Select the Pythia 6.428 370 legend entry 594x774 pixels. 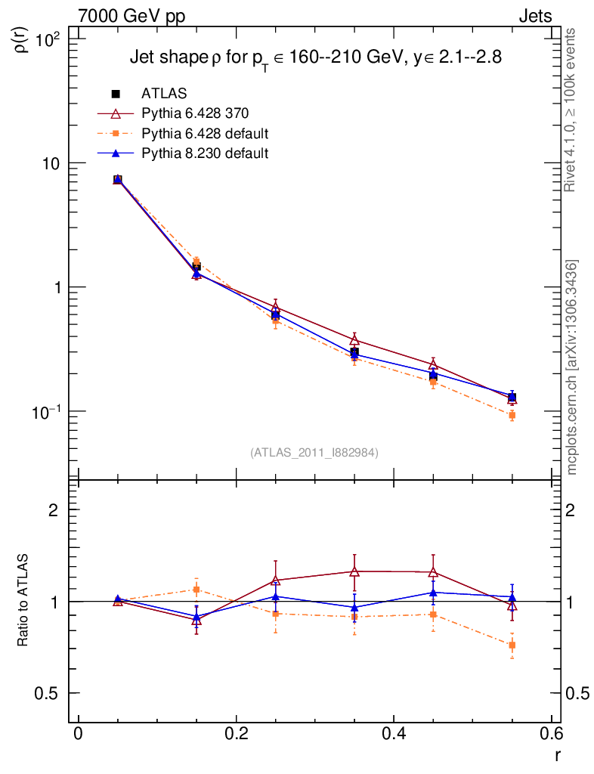point(194,113)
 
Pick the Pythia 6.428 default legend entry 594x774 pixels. point(205,134)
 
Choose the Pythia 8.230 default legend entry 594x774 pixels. point(205,153)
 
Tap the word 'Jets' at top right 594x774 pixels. point(534,16)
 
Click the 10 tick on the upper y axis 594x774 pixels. point(54,164)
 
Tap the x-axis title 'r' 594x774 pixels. point(558,755)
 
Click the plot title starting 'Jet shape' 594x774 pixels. point(315,59)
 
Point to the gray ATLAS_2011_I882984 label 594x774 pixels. point(314,452)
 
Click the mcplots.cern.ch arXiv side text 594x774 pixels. point(572,367)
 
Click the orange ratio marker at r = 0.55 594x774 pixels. point(512,646)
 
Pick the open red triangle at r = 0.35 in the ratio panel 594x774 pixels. point(354,571)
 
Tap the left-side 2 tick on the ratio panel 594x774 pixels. point(55,509)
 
